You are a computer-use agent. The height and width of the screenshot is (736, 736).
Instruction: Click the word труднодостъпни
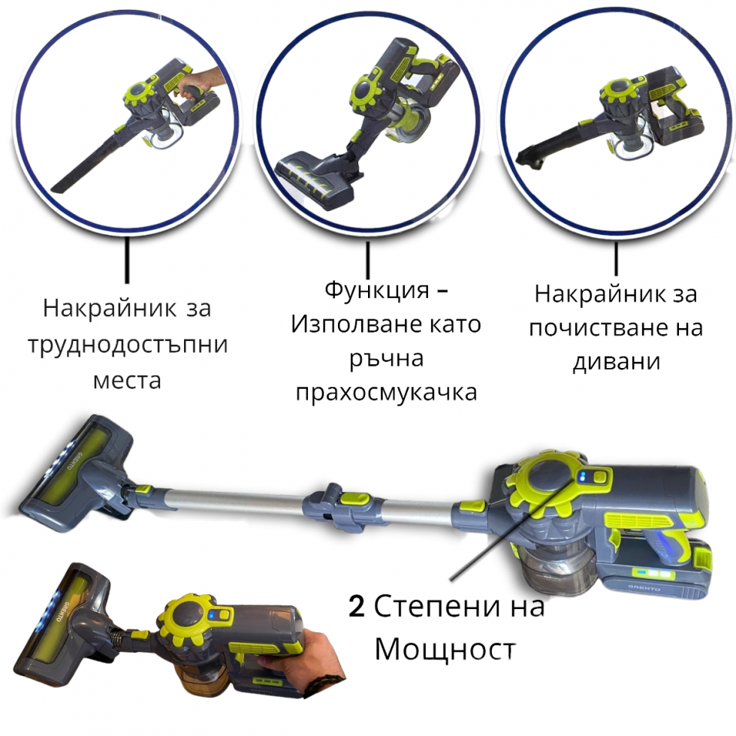click(127, 345)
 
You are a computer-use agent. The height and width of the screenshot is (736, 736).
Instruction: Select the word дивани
click(617, 361)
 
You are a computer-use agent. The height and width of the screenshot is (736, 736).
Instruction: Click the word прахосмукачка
click(386, 392)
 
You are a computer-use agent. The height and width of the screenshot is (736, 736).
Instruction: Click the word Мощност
click(445, 648)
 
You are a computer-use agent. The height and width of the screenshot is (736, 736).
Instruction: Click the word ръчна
click(386, 358)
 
